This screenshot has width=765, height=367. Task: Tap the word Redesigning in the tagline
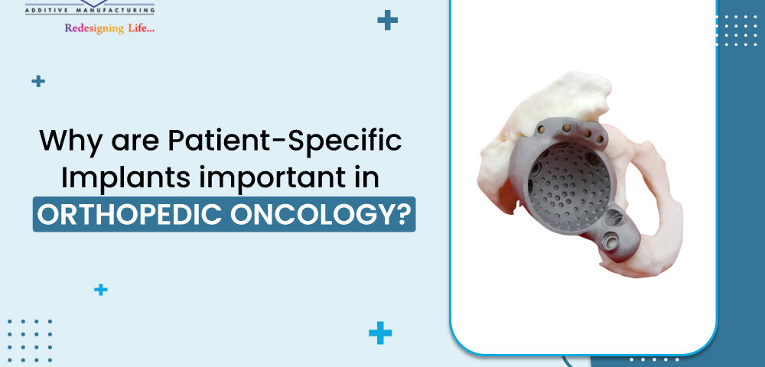97,28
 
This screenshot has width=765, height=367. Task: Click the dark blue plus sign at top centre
388,21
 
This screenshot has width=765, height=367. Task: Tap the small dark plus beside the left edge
38,80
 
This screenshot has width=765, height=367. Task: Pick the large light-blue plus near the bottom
380,333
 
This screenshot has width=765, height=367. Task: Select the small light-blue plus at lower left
100,289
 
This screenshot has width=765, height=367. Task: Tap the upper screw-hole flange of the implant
574,128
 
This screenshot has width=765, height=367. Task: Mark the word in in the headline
362,177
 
